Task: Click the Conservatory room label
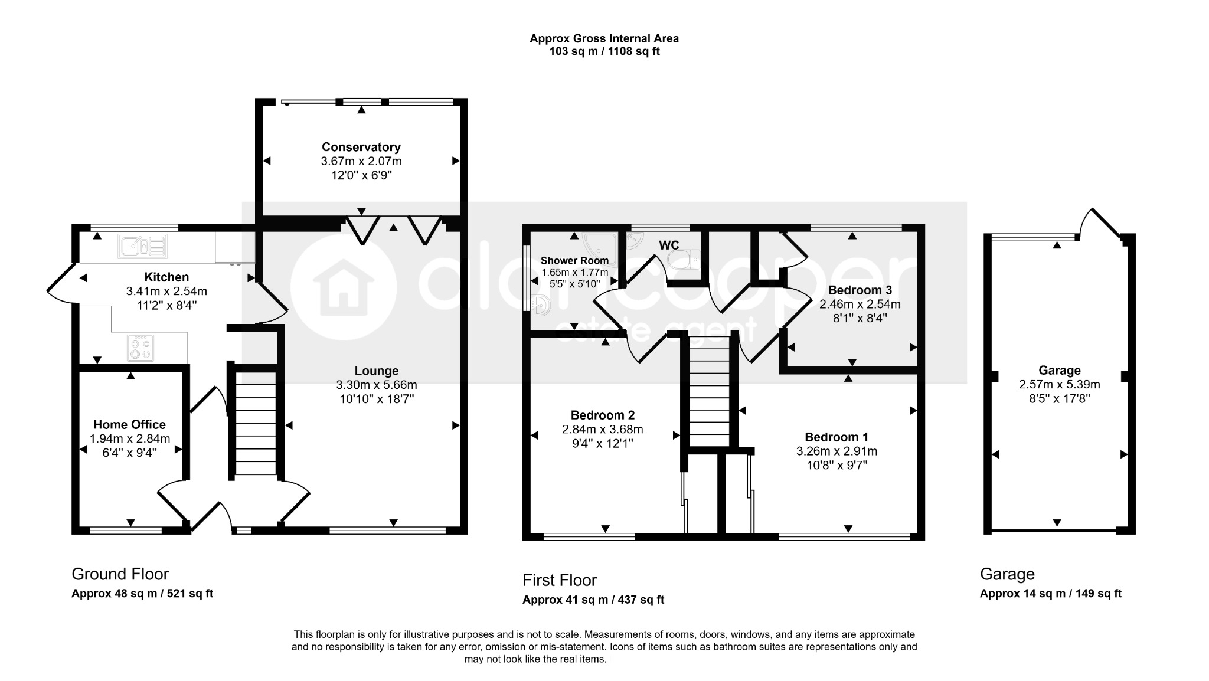pos(361,147)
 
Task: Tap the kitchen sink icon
pos(143,246)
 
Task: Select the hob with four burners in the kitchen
pos(141,348)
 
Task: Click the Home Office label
pos(129,424)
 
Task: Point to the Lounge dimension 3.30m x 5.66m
pos(377,385)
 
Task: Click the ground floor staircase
pos(256,422)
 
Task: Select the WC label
pos(669,245)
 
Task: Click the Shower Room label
pos(574,260)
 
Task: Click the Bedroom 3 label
pos(860,290)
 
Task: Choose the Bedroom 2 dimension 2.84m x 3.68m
pos(602,429)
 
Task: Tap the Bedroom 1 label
pos(837,437)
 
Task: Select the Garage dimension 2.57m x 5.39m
pos(1060,384)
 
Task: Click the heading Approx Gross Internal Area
pos(604,38)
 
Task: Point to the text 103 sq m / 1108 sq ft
pos(604,51)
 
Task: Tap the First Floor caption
pos(560,580)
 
